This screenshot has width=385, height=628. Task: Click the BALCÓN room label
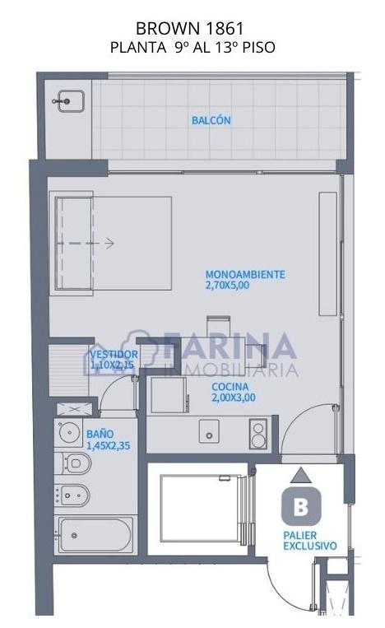(x=211, y=120)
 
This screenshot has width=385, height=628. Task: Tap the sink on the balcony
(x=71, y=101)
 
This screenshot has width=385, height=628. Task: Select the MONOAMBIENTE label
(x=245, y=274)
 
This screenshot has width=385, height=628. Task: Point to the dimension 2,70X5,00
(x=227, y=285)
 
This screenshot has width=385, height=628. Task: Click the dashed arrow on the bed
(x=86, y=243)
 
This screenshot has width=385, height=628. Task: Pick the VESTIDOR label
(x=114, y=355)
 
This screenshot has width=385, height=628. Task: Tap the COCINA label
(x=230, y=387)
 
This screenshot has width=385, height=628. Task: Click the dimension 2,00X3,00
(x=234, y=398)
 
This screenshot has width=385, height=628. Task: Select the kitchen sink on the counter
(x=209, y=431)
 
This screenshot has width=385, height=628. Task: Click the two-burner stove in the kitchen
(x=258, y=434)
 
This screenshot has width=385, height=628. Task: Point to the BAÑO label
(x=100, y=434)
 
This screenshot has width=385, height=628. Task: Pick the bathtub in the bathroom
(x=95, y=535)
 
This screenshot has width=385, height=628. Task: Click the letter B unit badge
(x=301, y=506)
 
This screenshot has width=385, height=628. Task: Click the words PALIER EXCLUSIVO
(x=310, y=541)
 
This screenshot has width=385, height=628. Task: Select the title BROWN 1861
(x=190, y=29)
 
